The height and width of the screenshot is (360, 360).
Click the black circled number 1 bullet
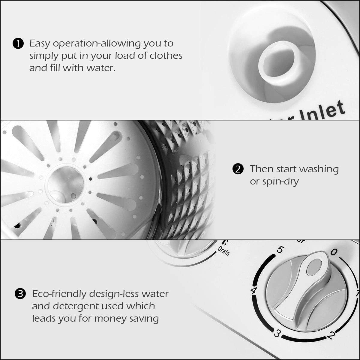click(x=18, y=44)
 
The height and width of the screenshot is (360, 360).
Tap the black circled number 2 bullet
click(x=237, y=169)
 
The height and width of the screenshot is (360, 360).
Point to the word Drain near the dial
click(x=224, y=250)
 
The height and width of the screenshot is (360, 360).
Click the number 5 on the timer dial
click(x=280, y=250)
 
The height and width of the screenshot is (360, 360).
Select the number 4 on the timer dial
click(x=253, y=290)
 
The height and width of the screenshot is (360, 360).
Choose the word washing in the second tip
click(x=319, y=169)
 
